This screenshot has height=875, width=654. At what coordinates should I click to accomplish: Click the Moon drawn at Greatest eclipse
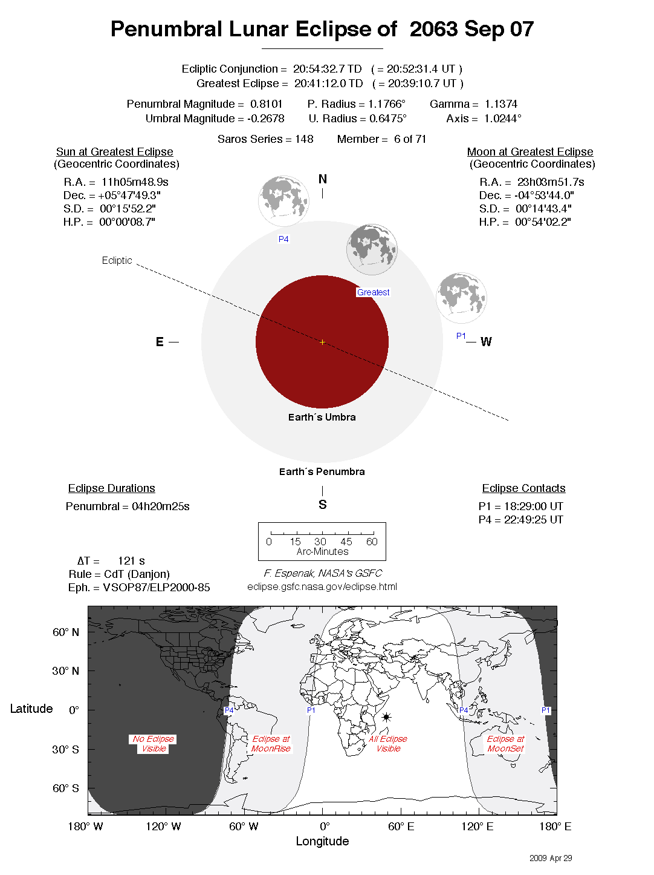pos(372,249)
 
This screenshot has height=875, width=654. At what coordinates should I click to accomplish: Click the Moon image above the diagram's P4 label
pos(283,202)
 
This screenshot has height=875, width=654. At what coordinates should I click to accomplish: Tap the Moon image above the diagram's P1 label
pos(461,298)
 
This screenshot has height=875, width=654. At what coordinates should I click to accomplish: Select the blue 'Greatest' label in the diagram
pos(373,292)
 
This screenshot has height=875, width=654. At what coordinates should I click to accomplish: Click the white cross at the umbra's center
pos(322,342)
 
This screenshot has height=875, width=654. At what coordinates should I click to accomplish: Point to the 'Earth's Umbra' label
pos(322,417)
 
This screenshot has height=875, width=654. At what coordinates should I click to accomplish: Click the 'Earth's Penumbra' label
pos(322,471)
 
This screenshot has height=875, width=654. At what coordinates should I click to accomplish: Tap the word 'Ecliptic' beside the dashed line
pos(117,260)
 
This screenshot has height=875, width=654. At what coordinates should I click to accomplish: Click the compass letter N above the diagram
pos(323,179)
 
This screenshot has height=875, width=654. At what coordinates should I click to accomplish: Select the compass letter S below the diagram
pos(323,505)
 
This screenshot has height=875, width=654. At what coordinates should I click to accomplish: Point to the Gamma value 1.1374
pos(501,104)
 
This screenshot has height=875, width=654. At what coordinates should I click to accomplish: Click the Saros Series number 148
pos(304,139)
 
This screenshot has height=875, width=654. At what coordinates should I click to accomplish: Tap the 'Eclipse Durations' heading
pos(111,488)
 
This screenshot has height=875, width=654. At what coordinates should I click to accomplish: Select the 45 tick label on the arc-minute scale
pos(346,542)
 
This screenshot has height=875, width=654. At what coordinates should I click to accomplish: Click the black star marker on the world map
pos(386,717)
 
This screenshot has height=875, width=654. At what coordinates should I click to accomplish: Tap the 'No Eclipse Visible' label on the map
pos(154,744)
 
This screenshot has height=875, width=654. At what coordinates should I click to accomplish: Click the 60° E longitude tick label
pos(401,827)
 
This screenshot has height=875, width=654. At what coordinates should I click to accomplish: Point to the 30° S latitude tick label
pos(65,749)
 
